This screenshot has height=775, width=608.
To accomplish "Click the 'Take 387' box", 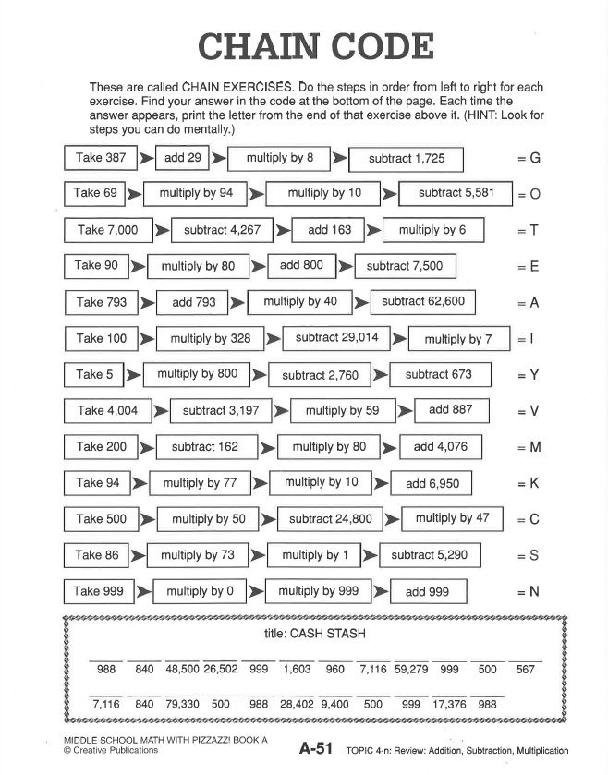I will (101, 158).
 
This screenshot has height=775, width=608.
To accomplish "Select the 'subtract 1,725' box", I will (406, 159).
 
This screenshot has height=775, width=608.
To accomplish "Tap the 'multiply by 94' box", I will (196, 194).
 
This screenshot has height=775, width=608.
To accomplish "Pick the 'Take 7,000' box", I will (108, 230).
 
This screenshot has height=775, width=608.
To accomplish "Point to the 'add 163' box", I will (329, 230).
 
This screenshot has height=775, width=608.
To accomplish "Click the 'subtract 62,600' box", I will (422, 301).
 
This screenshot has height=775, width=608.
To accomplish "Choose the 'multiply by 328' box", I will (210, 338).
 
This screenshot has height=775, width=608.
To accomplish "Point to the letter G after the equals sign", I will (534, 158).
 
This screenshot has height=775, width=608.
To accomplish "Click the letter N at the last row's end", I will (533, 591).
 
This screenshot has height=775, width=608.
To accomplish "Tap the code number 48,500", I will (182, 670).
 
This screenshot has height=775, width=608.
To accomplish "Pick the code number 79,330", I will (182, 704).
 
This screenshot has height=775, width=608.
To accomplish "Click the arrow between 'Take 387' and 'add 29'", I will (145, 158).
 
